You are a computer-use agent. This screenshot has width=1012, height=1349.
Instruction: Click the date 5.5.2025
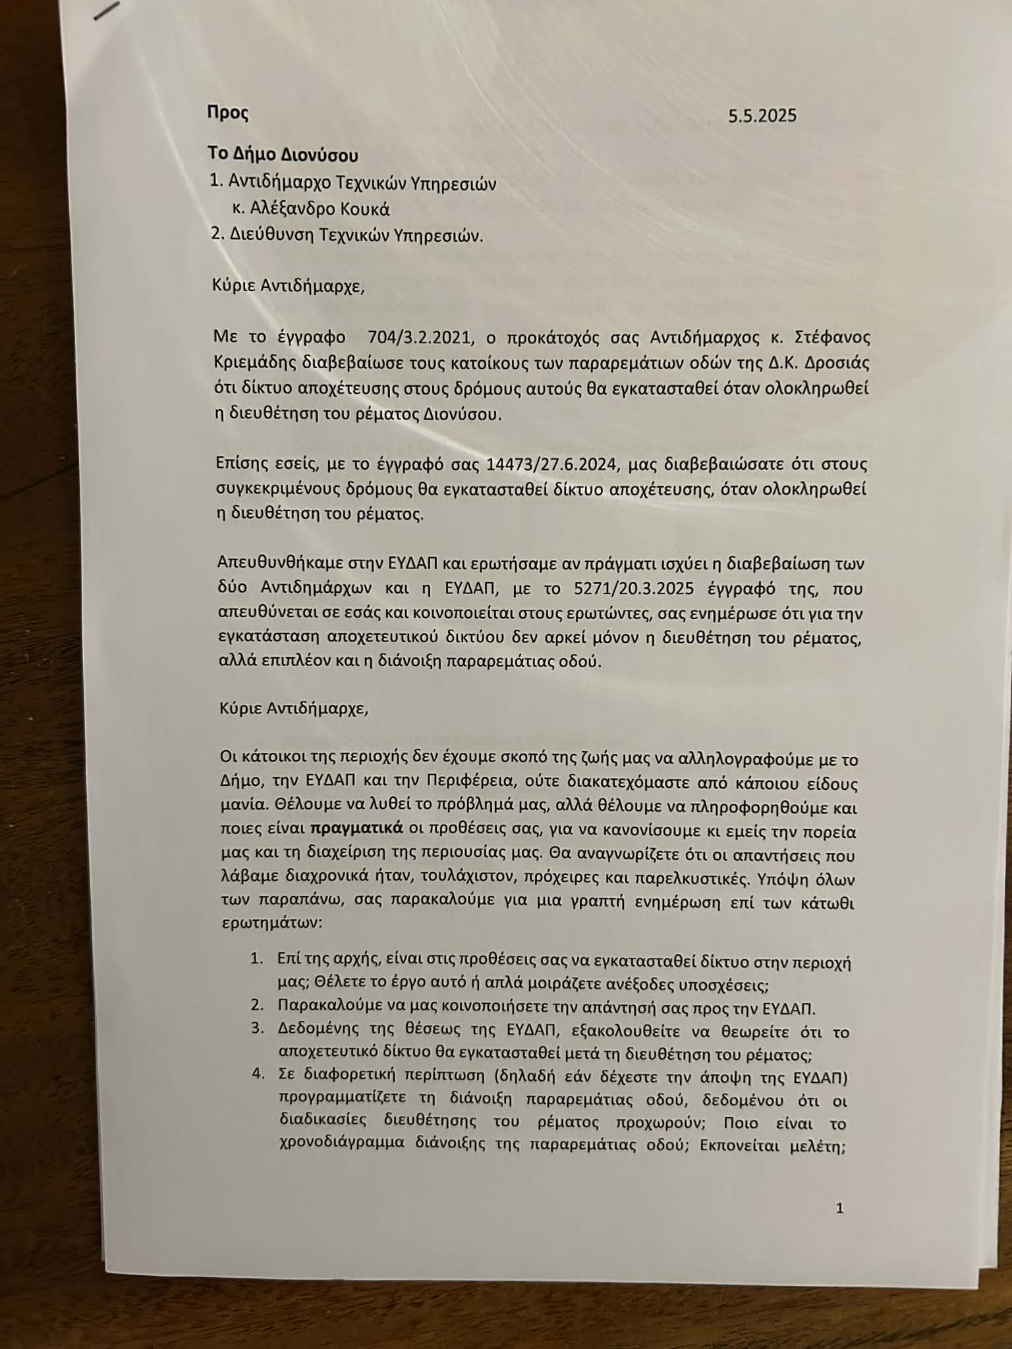tap(762, 116)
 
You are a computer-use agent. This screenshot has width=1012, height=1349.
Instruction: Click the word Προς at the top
tap(227, 113)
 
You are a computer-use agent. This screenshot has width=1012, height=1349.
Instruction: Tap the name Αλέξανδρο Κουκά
tap(319, 209)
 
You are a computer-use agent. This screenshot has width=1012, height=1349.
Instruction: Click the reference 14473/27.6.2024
tap(551, 464)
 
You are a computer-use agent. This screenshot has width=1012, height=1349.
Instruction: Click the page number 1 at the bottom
tap(839, 1208)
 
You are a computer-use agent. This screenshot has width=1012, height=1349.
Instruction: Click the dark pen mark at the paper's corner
tap(108, 11)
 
